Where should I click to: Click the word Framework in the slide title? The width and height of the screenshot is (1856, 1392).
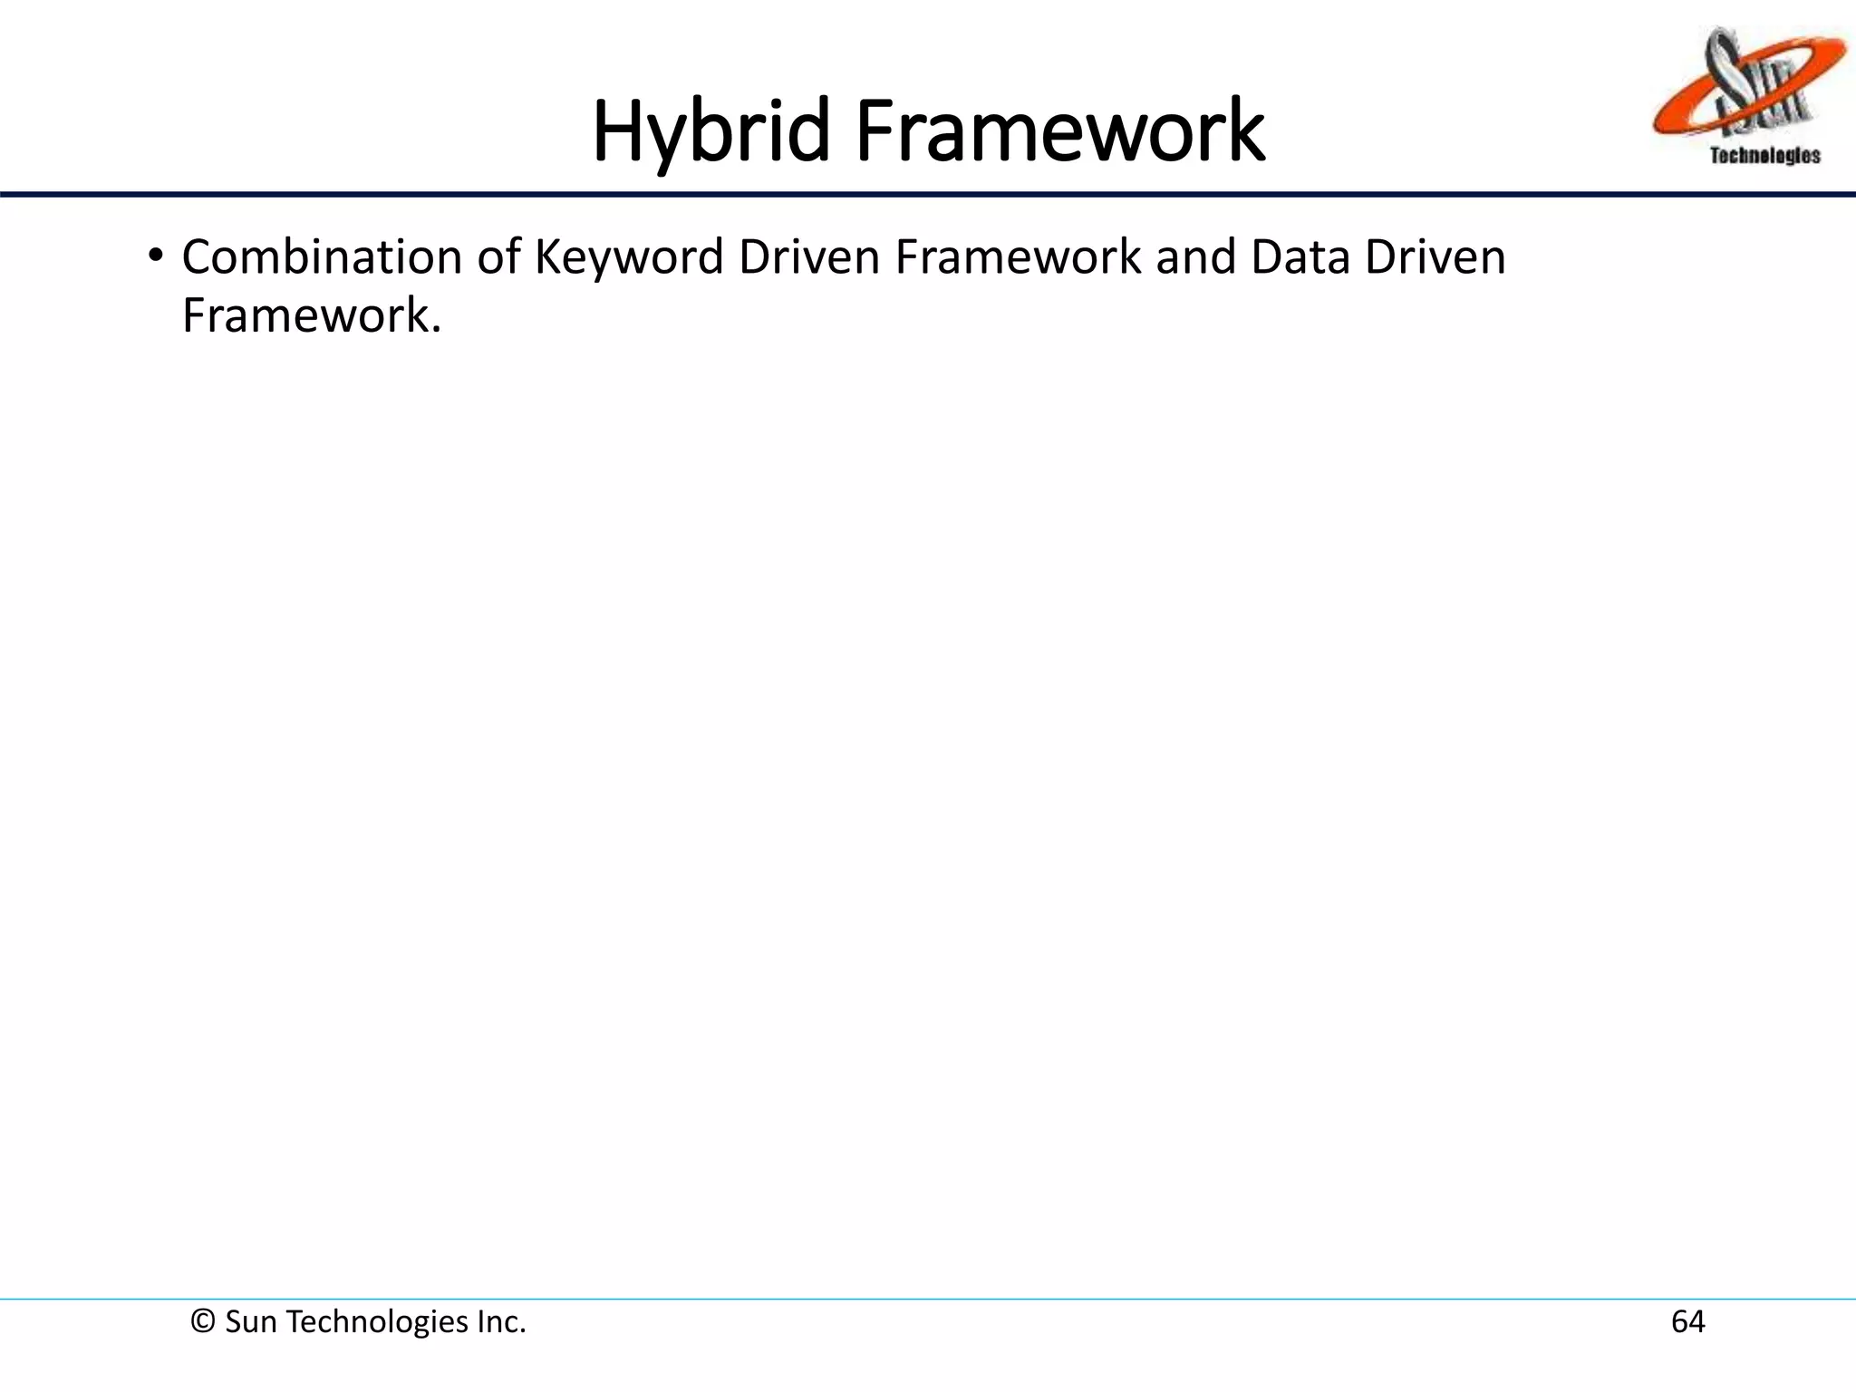(1059, 133)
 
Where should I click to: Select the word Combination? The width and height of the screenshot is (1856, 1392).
(322, 257)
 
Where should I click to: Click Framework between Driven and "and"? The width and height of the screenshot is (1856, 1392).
(1019, 257)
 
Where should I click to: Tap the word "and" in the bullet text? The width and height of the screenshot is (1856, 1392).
(1195, 257)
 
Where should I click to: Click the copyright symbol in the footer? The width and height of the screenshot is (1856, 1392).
(202, 1322)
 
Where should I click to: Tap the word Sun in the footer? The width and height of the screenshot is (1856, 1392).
(251, 1322)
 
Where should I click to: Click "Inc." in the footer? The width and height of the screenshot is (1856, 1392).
(501, 1322)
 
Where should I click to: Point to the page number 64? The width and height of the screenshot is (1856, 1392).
(1687, 1322)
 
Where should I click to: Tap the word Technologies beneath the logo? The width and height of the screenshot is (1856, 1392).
(1764, 156)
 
